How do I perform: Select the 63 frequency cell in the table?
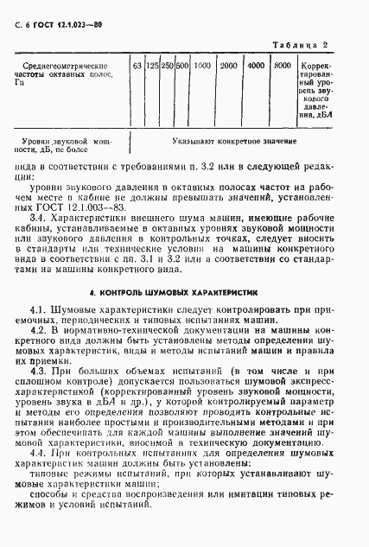pyautogui.click(x=137, y=66)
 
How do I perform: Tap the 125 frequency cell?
pyautogui.click(x=152, y=66)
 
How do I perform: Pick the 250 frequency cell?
pyautogui.click(x=168, y=66)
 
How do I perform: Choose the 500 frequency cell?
pyautogui.click(x=182, y=66)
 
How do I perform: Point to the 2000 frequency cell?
pyautogui.click(x=230, y=66)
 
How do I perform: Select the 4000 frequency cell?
pyautogui.click(x=256, y=66)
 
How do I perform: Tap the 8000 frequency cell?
pyautogui.click(x=282, y=66)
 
